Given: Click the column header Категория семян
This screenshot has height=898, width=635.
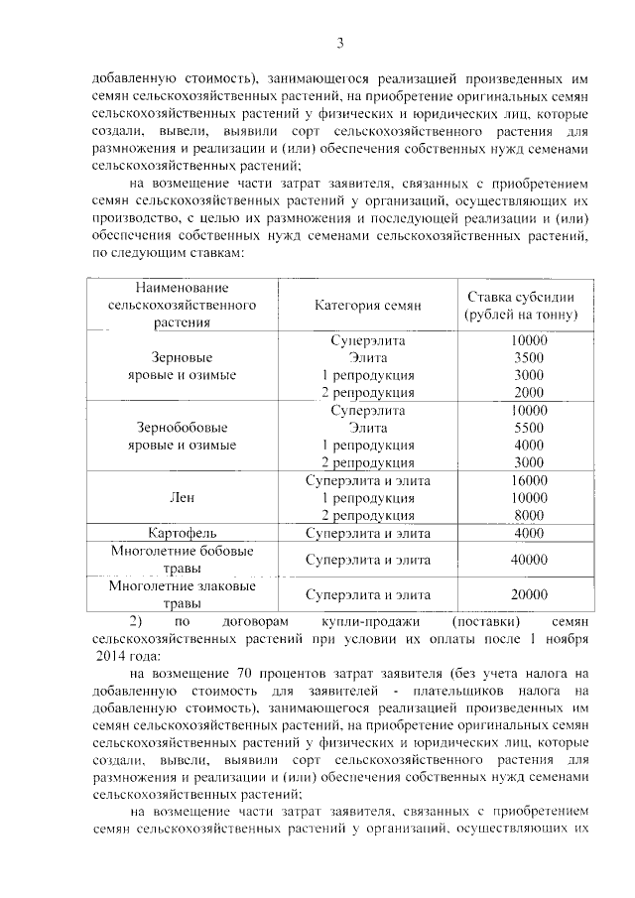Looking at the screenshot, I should pos(368,306).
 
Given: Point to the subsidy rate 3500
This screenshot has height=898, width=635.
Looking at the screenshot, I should pos(529,357).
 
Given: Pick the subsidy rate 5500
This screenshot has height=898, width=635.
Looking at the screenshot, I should pos(529,427).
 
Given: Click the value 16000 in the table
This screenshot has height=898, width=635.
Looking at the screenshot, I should pos(529,480).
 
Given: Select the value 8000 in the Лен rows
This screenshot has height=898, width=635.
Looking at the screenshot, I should pos(529,515).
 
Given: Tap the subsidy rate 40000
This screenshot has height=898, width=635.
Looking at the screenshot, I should pos(529,560).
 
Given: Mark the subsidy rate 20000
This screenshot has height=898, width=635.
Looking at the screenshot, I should pos(529,594).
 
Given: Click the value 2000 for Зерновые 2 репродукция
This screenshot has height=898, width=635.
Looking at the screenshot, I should pos(529,392).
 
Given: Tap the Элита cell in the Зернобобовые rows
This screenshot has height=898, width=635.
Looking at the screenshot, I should pos(368,427).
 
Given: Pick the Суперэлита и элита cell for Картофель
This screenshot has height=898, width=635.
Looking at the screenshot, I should pos(368,533).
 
